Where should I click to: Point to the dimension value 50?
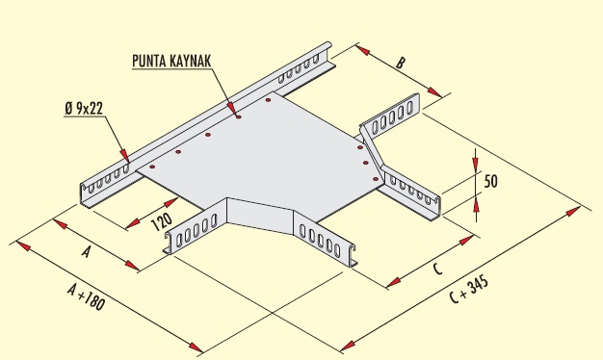point(490,181)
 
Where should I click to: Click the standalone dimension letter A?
point(86,252)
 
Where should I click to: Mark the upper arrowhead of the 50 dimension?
point(476,162)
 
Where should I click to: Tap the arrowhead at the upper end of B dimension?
point(361,48)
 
